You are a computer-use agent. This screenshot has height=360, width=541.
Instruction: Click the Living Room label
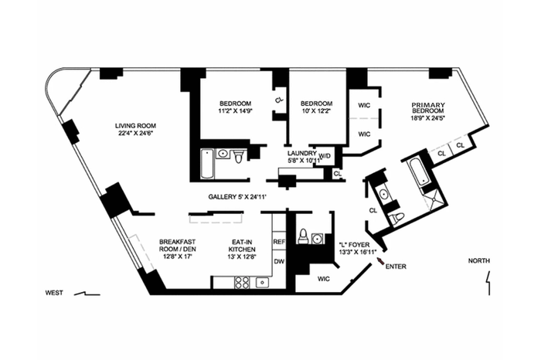coord(135,129)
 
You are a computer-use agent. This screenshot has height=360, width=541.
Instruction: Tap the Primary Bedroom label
coord(428,111)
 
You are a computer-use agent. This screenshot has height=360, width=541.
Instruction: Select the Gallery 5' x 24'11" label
coord(238,197)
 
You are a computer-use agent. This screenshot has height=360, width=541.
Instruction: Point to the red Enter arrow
coord(380,261)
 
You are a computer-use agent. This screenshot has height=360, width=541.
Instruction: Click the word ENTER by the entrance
coord(396,267)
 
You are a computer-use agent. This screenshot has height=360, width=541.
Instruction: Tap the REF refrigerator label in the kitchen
coord(279,242)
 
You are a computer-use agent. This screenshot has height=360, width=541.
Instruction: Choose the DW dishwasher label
coord(279,261)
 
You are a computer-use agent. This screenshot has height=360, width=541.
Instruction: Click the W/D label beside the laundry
coord(325,156)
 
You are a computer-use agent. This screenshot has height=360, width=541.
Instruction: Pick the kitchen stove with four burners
coord(242,283)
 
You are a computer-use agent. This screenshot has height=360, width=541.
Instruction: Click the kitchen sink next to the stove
coord(262,283)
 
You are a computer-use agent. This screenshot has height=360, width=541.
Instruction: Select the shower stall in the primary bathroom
coord(434,199)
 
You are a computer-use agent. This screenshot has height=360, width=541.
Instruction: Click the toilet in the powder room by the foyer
coord(303,236)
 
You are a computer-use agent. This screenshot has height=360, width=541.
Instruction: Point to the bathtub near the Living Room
coord(206,164)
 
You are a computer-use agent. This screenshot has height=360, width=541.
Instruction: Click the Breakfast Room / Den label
coord(177,249)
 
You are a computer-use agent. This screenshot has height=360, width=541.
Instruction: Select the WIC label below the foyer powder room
coord(323,279)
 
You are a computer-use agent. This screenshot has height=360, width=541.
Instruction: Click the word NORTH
coord(479,261)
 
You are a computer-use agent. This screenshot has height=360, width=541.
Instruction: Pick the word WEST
coord(55,293)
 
